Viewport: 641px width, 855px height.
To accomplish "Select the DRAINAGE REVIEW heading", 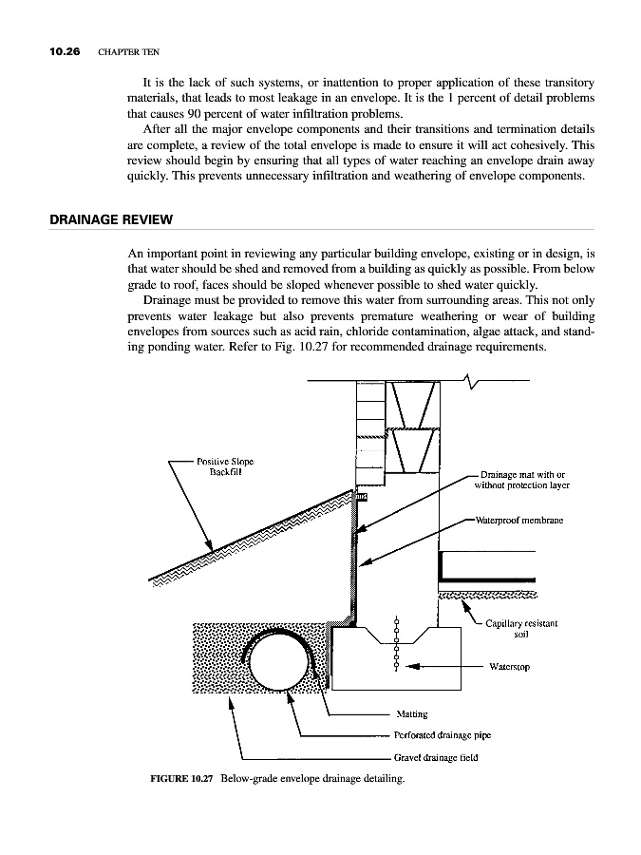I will (110, 220).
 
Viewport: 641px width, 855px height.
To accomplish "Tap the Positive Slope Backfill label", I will (225, 467).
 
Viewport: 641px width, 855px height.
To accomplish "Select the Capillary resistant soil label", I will (520, 629).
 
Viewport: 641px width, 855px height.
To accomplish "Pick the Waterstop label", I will (509, 667).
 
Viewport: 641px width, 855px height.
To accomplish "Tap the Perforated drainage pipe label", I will (442, 735).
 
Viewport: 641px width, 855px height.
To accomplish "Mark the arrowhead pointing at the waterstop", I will (411, 667).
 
